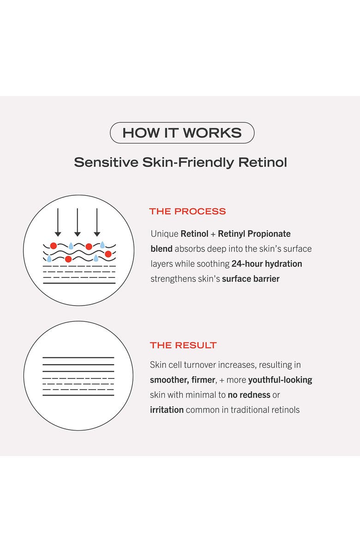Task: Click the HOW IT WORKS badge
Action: (182, 133)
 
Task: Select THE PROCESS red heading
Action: (187, 211)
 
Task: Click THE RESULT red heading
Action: (183, 345)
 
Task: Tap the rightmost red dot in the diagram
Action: (108, 254)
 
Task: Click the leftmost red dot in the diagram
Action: (54, 246)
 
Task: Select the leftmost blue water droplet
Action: (49, 258)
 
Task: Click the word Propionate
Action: (270, 234)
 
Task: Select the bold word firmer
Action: (204, 380)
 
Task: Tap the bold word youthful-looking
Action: (280, 380)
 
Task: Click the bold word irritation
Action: (167, 409)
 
